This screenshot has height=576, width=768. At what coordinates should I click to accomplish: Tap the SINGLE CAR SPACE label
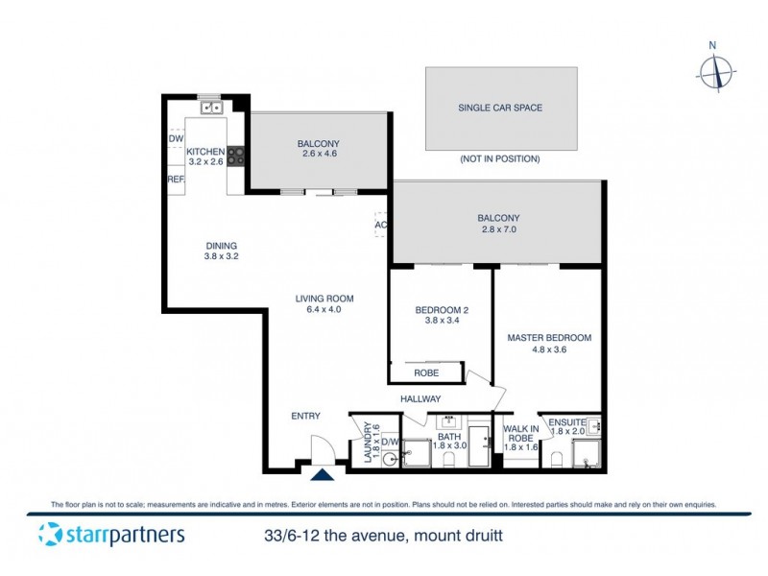click(500, 108)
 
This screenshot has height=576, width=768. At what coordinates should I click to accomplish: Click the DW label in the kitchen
click(176, 139)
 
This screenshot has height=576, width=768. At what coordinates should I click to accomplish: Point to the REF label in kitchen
click(176, 180)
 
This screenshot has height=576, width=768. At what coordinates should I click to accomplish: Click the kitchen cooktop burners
click(234, 156)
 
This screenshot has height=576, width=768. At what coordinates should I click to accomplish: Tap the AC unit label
click(381, 225)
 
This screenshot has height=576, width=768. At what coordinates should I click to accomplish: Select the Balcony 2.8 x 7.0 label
click(499, 224)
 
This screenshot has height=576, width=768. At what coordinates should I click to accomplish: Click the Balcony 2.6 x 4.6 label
click(320, 149)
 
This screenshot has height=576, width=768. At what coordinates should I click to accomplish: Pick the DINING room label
click(220, 251)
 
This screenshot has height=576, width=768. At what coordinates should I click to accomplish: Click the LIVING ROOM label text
click(318, 303)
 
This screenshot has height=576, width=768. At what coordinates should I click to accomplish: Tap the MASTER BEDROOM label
click(549, 344)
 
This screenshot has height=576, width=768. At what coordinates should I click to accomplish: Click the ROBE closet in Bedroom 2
click(427, 372)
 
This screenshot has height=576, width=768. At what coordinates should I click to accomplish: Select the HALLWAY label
click(420, 398)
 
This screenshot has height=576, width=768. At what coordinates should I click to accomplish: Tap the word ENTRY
click(306, 416)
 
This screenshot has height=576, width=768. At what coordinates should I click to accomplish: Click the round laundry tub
click(390, 459)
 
